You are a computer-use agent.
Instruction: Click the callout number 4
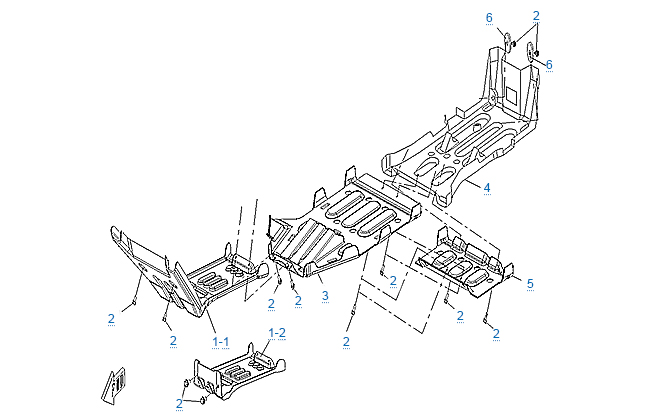pos(486,188)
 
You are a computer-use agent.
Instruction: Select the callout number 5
pos(530,284)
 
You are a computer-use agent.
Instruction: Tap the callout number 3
pos(324,297)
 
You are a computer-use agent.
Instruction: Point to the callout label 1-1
pos(221,340)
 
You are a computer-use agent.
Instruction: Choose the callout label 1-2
pos(277,331)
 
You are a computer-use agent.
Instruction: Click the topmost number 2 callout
pos(536,15)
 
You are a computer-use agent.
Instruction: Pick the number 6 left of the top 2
pos(489,18)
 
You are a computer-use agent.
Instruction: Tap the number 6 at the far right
pos(548,64)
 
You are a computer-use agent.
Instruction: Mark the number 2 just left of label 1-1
pos(173,341)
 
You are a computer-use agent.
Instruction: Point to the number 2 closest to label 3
pos(297,302)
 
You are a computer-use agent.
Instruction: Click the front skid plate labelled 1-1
pos(175,275)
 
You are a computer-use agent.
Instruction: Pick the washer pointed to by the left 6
pos(507,41)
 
